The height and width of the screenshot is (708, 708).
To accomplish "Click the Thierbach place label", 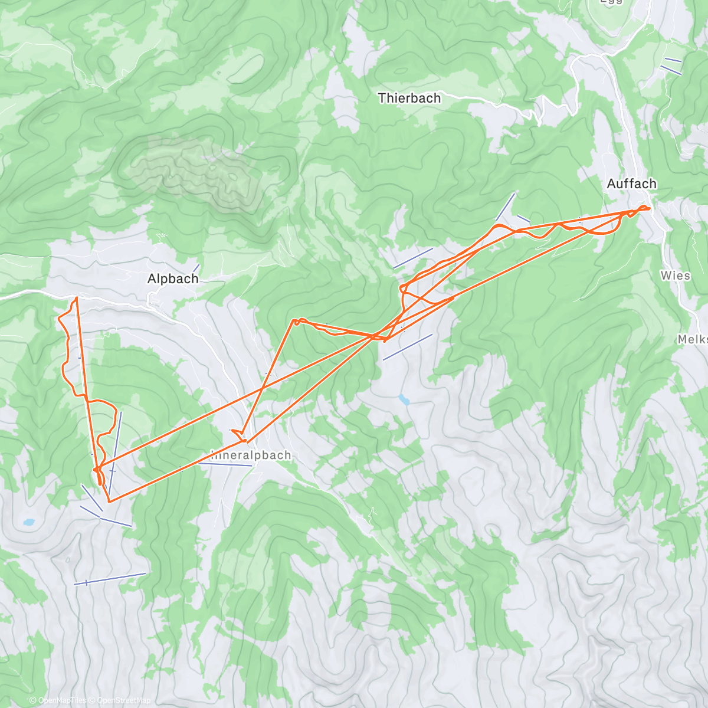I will [x=409, y=98].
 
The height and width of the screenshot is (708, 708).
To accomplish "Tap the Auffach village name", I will [x=631, y=184].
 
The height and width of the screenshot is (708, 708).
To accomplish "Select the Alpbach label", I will [x=173, y=278].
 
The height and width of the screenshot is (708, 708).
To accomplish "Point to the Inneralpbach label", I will [x=251, y=455].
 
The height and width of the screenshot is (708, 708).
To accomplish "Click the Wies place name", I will [x=676, y=276].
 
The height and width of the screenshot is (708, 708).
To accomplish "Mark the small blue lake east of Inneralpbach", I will [x=404, y=400].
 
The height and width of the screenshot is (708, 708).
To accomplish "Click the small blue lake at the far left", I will [x=28, y=522].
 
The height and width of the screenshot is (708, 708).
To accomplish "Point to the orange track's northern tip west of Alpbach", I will [x=76, y=299].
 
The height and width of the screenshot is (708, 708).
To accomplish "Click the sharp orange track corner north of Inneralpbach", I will [x=295, y=322].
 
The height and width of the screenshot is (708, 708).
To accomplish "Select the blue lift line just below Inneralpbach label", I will [x=225, y=464].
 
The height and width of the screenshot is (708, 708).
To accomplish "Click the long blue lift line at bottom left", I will [x=110, y=578].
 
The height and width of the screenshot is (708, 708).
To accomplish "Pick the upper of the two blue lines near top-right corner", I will [x=673, y=60].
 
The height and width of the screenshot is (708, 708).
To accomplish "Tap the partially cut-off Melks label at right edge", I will [x=693, y=339].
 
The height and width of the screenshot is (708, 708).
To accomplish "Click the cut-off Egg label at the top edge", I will [x=611, y=2].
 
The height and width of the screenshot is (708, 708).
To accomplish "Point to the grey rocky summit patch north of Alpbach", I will [x=195, y=171].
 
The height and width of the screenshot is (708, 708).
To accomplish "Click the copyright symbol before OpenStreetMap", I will [x=92, y=700].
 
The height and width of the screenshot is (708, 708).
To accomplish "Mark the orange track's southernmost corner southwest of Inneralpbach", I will [x=109, y=501].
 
